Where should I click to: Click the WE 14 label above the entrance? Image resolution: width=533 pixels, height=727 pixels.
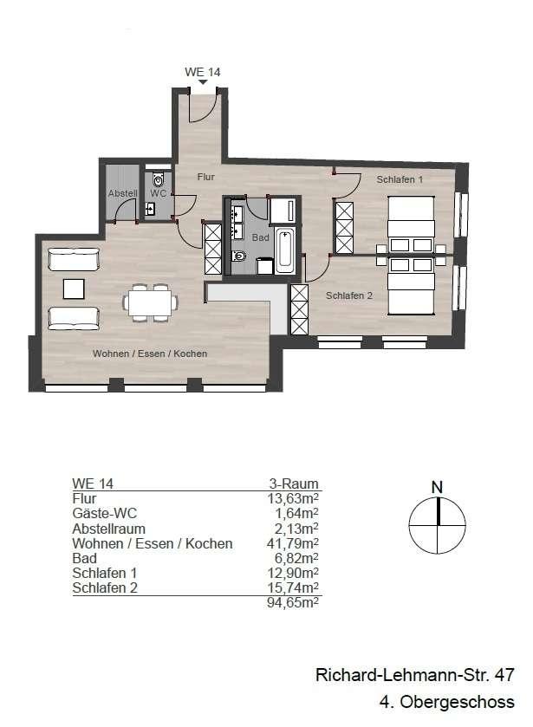[203, 72]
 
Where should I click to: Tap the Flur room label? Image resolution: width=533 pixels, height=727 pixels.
[205, 177]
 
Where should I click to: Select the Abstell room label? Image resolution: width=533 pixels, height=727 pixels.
[121, 193]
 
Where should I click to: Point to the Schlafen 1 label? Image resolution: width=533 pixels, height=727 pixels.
[400, 180]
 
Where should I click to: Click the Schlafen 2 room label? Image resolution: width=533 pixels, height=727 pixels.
[349, 295]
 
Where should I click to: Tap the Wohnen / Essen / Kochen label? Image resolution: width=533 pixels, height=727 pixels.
[151, 354]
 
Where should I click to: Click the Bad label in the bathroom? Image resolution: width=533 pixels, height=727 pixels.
[260, 237]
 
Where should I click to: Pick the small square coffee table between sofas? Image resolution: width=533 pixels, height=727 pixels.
[75, 289]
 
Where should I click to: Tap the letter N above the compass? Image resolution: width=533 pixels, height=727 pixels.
[438, 487]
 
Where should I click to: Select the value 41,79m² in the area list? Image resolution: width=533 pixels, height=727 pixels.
[293, 544]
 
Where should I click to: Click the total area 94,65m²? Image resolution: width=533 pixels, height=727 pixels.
[293, 604]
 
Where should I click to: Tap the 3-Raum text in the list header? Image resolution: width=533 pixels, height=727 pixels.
[294, 484]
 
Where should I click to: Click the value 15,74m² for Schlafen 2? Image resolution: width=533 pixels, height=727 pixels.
[293, 588]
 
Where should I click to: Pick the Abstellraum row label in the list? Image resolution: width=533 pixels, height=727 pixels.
[108, 529]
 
